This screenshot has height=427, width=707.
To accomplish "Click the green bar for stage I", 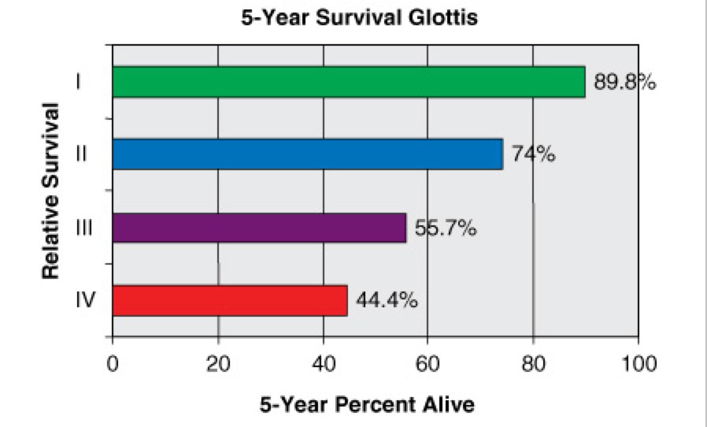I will click(349, 82).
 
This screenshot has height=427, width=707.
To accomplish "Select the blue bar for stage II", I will click(308, 154).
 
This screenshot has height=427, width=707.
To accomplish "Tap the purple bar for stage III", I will click(259, 228).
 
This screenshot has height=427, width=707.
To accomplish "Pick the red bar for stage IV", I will click(230, 300).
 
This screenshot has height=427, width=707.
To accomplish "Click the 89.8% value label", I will click(624, 83).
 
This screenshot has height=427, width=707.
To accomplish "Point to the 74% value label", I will click(534, 154).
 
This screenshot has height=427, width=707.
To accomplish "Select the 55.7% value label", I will click(446, 229).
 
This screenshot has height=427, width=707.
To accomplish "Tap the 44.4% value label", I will click(387, 301).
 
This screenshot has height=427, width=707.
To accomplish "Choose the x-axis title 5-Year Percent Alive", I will click(367, 406).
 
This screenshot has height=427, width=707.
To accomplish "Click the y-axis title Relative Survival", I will click(51, 189).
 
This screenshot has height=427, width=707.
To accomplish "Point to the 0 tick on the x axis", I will click(113, 364).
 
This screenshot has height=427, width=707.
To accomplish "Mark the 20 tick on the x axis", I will click(218, 364).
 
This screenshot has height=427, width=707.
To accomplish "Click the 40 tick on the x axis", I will click(323, 364).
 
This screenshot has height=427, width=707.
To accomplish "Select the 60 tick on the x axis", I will click(428, 364).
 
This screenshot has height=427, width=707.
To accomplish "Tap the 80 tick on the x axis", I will click(533, 364).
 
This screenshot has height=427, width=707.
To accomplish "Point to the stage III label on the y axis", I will click(81, 228).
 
